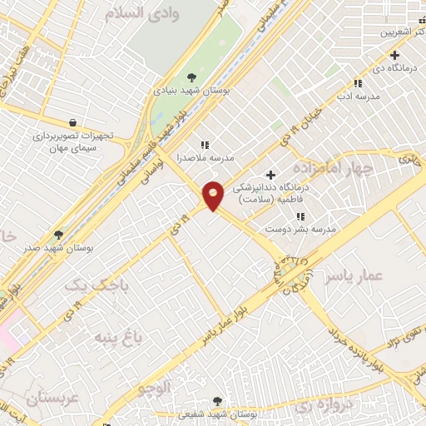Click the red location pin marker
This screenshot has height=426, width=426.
click(x=213, y=195)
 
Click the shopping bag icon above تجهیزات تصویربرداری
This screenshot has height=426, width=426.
click(x=75, y=123)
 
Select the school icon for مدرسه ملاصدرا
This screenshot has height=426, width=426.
click(x=205, y=145)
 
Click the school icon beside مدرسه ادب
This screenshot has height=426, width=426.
click(x=358, y=83)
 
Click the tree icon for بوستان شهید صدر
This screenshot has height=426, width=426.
click(x=58, y=235)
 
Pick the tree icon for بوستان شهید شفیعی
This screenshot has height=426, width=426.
click(x=218, y=401)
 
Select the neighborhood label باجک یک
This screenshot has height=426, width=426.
click(x=98, y=285)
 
